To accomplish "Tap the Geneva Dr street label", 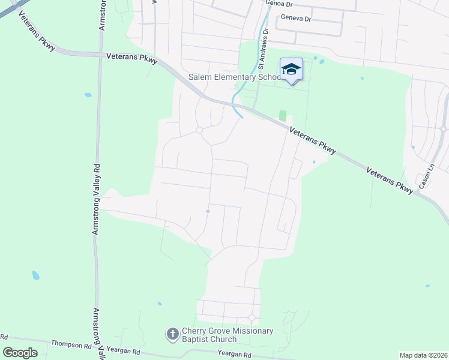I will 294,19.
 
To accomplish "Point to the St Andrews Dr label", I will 261,54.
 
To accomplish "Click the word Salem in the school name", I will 201,77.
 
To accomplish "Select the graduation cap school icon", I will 291,69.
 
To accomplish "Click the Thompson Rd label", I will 70,344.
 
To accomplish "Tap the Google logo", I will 20,353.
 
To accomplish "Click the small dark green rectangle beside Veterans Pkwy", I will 282,115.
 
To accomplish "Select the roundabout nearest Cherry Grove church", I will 252,317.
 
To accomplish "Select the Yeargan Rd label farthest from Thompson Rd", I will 233,355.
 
